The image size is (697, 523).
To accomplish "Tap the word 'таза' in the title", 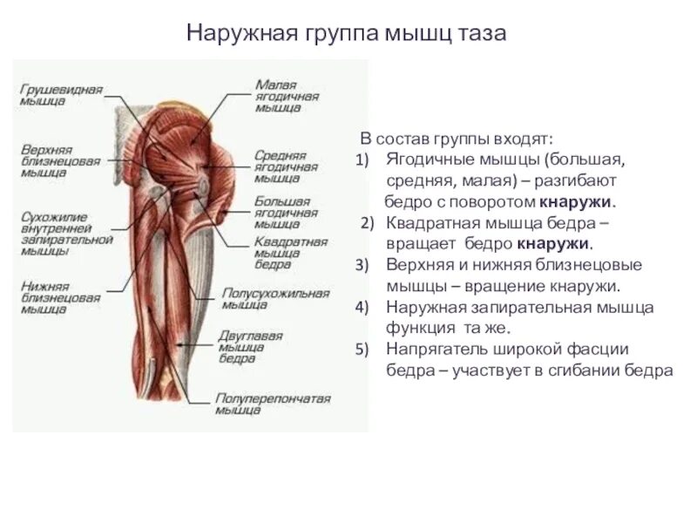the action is click(483, 34).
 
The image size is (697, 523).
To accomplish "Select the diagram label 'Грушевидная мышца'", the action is click(61, 95).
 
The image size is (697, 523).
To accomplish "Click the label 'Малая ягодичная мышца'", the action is click(288, 97).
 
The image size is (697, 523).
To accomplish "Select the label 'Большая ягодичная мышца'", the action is click(283, 212).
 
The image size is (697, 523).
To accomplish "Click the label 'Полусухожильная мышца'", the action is click(275, 299).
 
